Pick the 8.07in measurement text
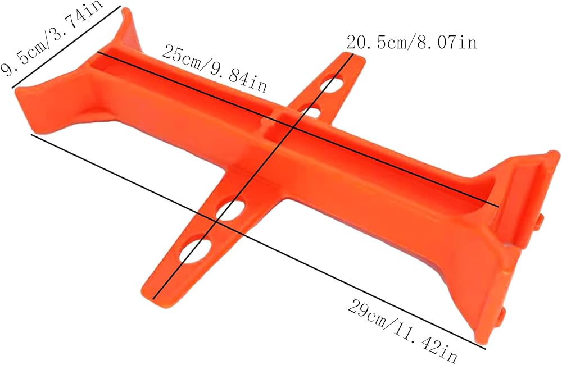tap(446, 42)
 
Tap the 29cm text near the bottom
tap(370, 310)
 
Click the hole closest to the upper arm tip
tap(332, 83)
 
